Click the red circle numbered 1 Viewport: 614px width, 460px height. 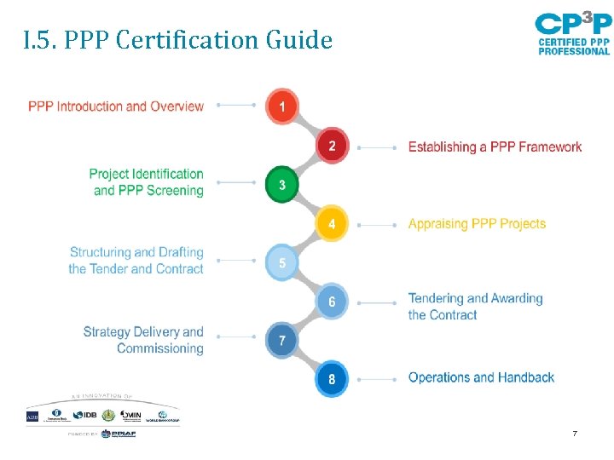pos(282,106)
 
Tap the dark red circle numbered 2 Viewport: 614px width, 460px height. pos(332,146)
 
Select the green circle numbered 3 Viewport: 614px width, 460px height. pos(282,184)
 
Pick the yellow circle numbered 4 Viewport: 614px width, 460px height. pos(332,224)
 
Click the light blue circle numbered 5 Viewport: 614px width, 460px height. pos(282,262)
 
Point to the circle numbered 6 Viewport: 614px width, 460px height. pos(332,302)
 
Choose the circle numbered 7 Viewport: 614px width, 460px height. pos(282,341)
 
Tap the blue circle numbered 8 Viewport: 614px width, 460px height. pos(332,379)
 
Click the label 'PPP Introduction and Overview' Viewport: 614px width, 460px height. pos(116,106)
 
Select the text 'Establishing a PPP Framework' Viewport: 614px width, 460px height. pos(495,147)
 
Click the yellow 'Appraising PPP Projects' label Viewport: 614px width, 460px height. pos(477,224)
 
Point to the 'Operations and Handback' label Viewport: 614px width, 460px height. pos(481,377)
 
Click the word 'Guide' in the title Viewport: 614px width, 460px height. pos(298,40)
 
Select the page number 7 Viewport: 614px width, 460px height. pos(575,434)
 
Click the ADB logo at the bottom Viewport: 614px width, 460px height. pos(32,416)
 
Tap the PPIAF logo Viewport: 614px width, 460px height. pos(118,434)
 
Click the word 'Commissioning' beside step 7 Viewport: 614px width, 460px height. pos(159,348)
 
